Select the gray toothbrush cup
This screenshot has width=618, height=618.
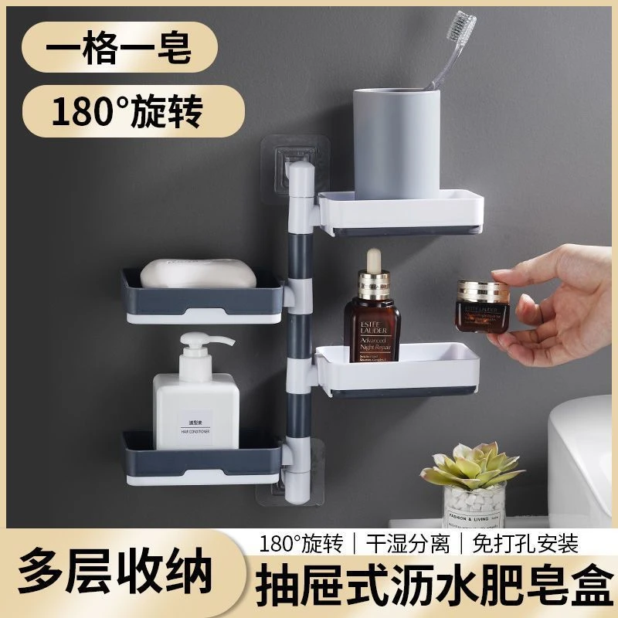click(x=394, y=139)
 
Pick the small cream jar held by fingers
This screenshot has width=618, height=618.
click(x=480, y=306)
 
